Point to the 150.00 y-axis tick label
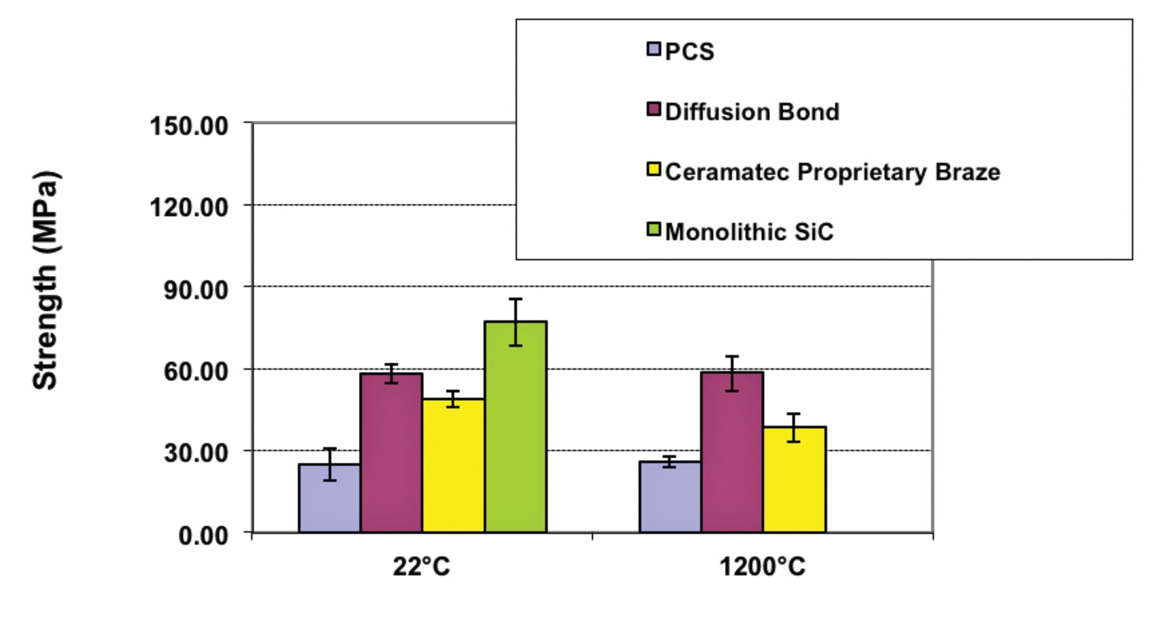coord(189,126)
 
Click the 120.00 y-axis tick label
coord(189,208)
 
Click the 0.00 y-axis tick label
coord(203,535)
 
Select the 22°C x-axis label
coord(422,567)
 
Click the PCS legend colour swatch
coord(654,49)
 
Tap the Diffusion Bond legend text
coord(752,112)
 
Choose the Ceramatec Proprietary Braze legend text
coord(833,172)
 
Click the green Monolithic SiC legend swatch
coord(654,230)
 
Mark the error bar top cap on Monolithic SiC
coord(516,299)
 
